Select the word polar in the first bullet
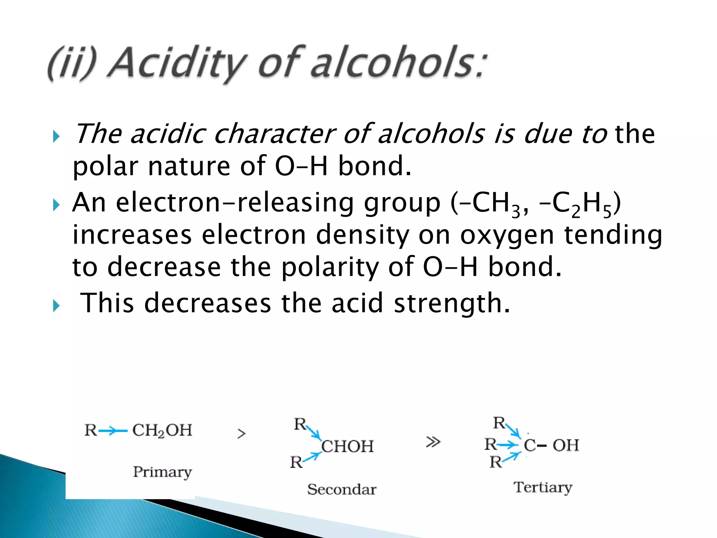pos(105,166)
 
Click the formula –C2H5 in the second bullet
pos(578,203)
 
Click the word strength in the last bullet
pos(452,303)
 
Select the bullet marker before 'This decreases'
pos(56,306)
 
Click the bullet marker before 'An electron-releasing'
pos(56,205)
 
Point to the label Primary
pos(162,472)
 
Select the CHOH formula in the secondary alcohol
pos(348,447)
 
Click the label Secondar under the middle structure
pos(342,489)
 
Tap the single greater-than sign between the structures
pos(242,434)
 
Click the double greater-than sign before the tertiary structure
pos(433,442)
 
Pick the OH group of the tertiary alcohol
pos(566,446)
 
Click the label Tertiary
pos(543,487)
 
